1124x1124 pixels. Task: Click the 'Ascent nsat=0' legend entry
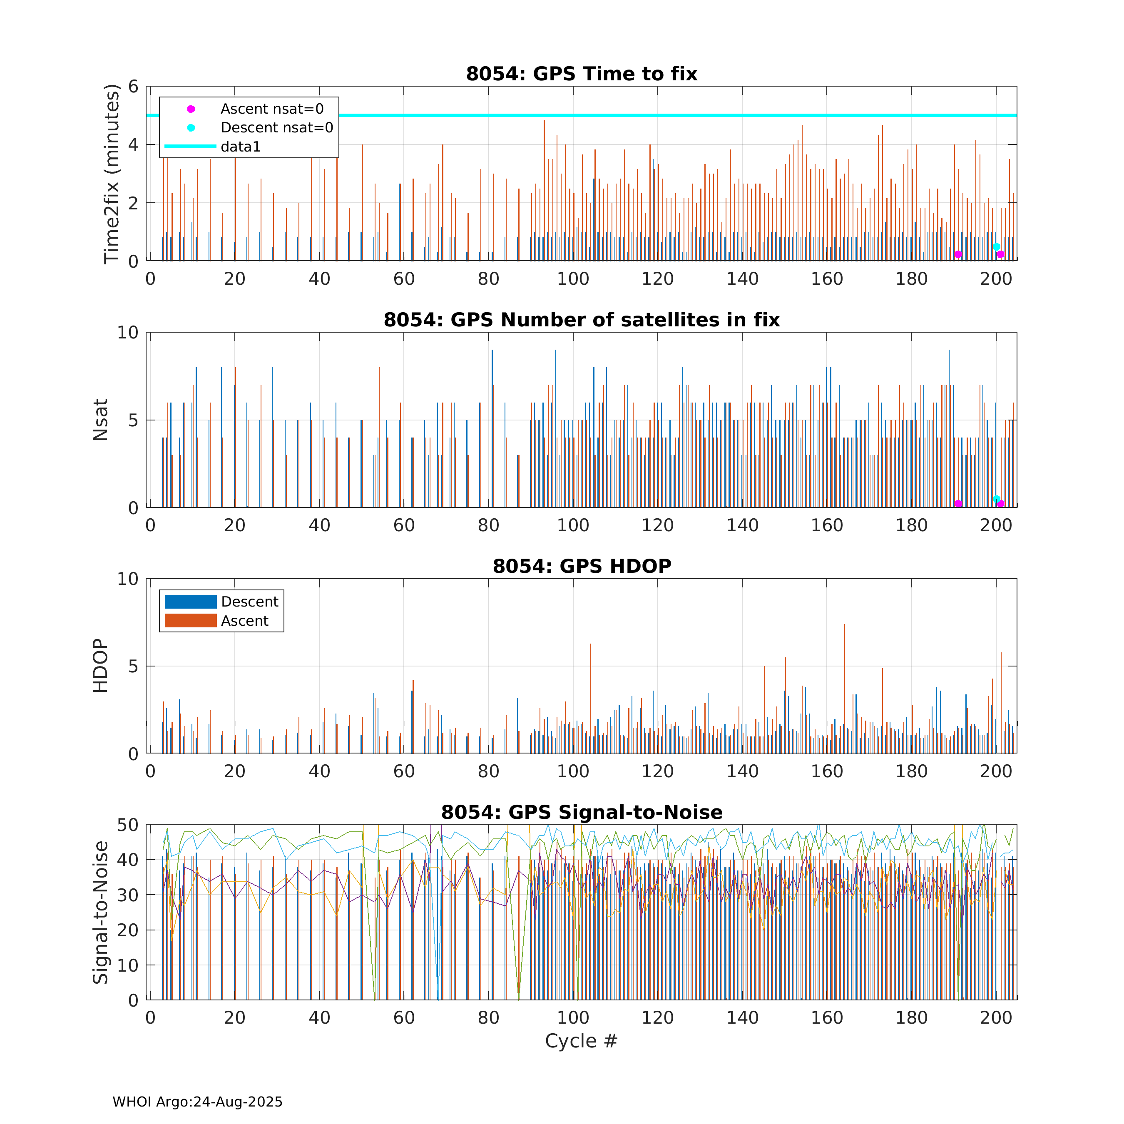pyautogui.click(x=272, y=109)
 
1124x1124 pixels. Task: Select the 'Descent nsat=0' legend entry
pyautogui.click(x=276, y=127)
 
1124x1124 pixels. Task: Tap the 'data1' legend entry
pyautogui.click(x=240, y=147)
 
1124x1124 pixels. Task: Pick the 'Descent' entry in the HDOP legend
pyautogui.click(x=250, y=602)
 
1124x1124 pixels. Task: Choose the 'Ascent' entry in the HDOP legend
pyautogui.click(x=244, y=621)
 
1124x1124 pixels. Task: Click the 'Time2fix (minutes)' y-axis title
pyautogui.click(x=111, y=174)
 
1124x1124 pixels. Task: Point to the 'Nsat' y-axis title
pyautogui.click(x=100, y=420)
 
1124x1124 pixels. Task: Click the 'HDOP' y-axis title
pyautogui.click(x=100, y=666)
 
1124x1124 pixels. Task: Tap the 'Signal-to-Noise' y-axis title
pyautogui.click(x=100, y=912)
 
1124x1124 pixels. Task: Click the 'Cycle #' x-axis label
pyautogui.click(x=581, y=1041)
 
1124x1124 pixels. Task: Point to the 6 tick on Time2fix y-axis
pyautogui.click(x=133, y=87)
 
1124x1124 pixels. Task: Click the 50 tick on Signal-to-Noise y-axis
pyautogui.click(x=127, y=825)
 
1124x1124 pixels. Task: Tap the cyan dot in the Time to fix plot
pyautogui.click(x=996, y=247)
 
